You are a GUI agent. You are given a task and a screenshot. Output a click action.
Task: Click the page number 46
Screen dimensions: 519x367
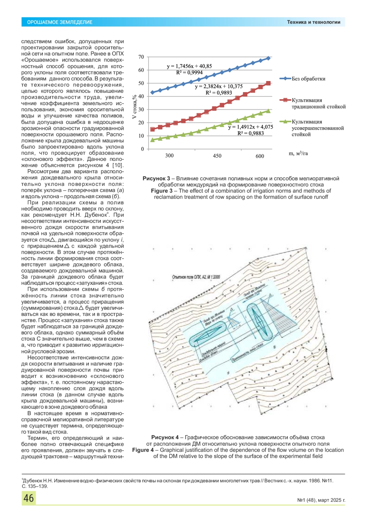(x=29, y=498)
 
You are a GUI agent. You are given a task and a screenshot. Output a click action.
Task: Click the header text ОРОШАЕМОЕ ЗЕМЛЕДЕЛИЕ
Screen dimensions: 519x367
(x=60, y=22)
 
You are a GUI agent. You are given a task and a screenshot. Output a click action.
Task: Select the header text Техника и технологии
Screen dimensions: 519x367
(x=313, y=22)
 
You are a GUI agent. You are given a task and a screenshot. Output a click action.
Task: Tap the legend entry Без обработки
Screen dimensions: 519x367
(x=308, y=79)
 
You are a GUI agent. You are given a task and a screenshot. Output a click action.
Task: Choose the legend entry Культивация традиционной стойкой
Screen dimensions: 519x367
(x=318, y=103)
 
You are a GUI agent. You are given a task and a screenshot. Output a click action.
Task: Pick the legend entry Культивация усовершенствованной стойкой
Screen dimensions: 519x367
(x=317, y=128)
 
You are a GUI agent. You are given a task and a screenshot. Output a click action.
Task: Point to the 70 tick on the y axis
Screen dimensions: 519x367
(x=141, y=57)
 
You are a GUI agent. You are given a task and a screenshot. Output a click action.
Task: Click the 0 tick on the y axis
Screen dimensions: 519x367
(x=142, y=149)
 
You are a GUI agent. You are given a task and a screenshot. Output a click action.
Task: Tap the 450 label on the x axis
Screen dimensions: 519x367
(x=217, y=156)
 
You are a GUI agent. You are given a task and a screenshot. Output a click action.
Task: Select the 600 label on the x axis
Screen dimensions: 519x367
(x=260, y=156)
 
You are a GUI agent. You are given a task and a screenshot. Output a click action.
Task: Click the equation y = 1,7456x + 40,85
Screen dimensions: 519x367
(x=189, y=66)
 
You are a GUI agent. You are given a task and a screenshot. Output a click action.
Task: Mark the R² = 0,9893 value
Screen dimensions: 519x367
(x=219, y=93)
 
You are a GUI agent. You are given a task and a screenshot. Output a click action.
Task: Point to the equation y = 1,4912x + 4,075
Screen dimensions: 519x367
(x=250, y=127)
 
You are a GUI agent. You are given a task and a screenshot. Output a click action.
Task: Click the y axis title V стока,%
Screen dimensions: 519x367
(x=134, y=107)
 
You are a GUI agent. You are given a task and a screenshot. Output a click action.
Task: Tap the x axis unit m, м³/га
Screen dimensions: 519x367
(x=298, y=154)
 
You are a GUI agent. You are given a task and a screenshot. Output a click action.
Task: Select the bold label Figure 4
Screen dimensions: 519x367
(x=143, y=450)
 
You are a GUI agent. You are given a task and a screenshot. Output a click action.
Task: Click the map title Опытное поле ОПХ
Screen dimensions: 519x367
(x=196, y=277)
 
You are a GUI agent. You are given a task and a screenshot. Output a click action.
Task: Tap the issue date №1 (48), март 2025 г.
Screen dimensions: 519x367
(x=321, y=500)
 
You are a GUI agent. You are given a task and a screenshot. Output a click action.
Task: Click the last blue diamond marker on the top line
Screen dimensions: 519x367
(x=268, y=58)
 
